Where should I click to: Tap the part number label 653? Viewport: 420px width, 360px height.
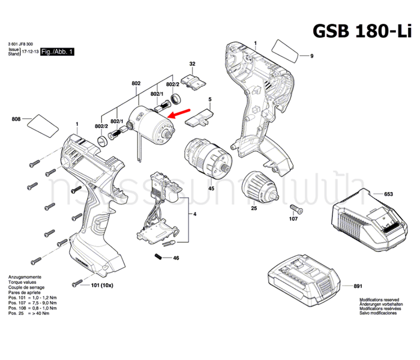click(x=388, y=194)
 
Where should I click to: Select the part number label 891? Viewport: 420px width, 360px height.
click(x=392, y=271)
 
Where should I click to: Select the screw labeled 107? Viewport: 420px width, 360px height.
click(x=295, y=208)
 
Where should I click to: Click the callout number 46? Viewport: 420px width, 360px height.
click(x=176, y=258)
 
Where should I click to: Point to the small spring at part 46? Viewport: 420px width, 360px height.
click(x=158, y=257)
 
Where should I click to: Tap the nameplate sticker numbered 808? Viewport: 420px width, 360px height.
click(x=43, y=124)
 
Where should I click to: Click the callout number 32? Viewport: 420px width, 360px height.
click(x=193, y=64)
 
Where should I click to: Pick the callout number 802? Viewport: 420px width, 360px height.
click(x=136, y=83)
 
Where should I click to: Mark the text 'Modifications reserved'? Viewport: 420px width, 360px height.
click(x=379, y=298)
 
